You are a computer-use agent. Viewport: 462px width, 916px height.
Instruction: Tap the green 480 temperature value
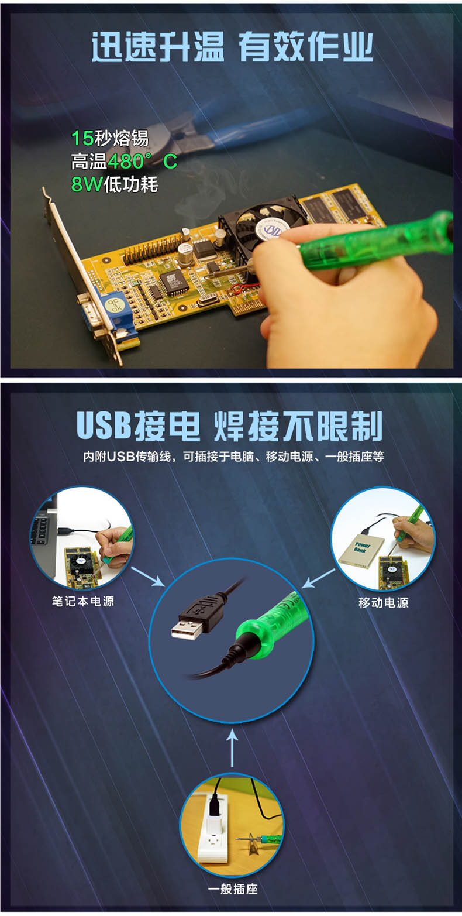[x=125, y=162]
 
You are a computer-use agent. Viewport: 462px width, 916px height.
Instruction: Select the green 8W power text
[x=87, y=184]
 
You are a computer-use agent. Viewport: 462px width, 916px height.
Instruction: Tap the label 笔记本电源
[x=83, y=601]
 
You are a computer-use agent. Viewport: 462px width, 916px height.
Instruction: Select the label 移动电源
[x=384, y=603]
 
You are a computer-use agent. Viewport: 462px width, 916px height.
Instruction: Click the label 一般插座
[x=233, y=889]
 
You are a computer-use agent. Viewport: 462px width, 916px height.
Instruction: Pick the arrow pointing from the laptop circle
[x=147, y=577]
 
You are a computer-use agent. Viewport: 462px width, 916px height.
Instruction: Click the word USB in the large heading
[x=104, y=426]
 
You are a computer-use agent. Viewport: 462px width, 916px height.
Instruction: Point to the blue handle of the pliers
[x=266, y=123]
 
